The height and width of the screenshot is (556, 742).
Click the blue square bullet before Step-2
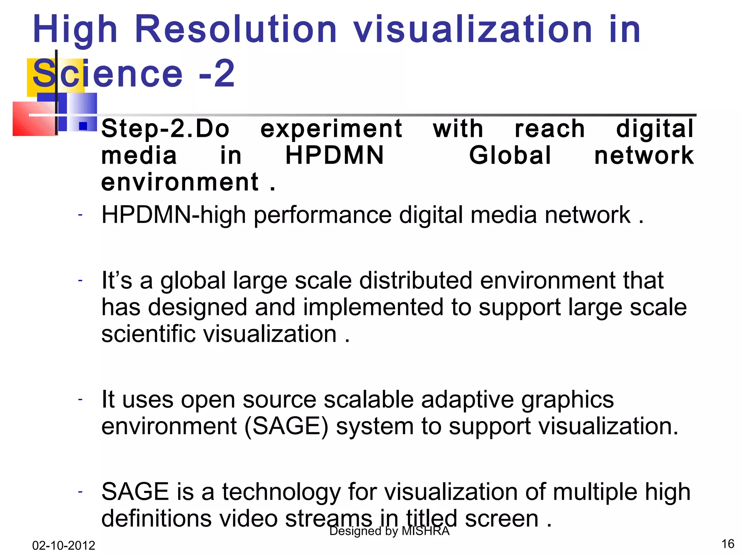pos(83,126)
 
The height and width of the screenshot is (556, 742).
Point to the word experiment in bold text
pos(331,129)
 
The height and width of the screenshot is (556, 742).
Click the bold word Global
pos(510,156)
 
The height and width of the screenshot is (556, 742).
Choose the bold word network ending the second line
pos(644,156)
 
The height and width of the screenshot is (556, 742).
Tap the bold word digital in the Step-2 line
pos(655,129)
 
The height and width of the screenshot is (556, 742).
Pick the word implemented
pos(373,307)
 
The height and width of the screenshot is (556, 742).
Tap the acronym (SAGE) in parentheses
pos(287,426)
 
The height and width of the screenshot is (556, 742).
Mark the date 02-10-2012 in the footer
pos(64,545)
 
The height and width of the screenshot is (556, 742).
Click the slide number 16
pos(728,544)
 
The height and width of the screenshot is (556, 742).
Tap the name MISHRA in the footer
pos(426,531)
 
